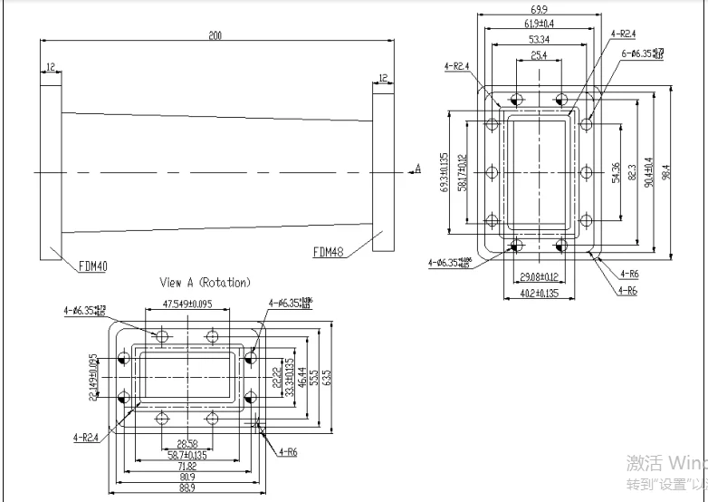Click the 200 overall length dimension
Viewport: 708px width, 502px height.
[215, 35]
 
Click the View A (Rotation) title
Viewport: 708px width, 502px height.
[205, 283]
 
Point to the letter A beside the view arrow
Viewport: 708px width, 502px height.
[417, 168]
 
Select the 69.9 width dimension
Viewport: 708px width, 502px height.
[538, 11]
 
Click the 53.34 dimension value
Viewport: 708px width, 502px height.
[538, 41]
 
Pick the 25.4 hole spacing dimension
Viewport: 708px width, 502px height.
[538, 55]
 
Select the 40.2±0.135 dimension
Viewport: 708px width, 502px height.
[538, 293]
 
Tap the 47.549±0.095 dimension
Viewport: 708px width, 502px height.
[187, 304]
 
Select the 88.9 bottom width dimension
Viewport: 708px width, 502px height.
[187, 488]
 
